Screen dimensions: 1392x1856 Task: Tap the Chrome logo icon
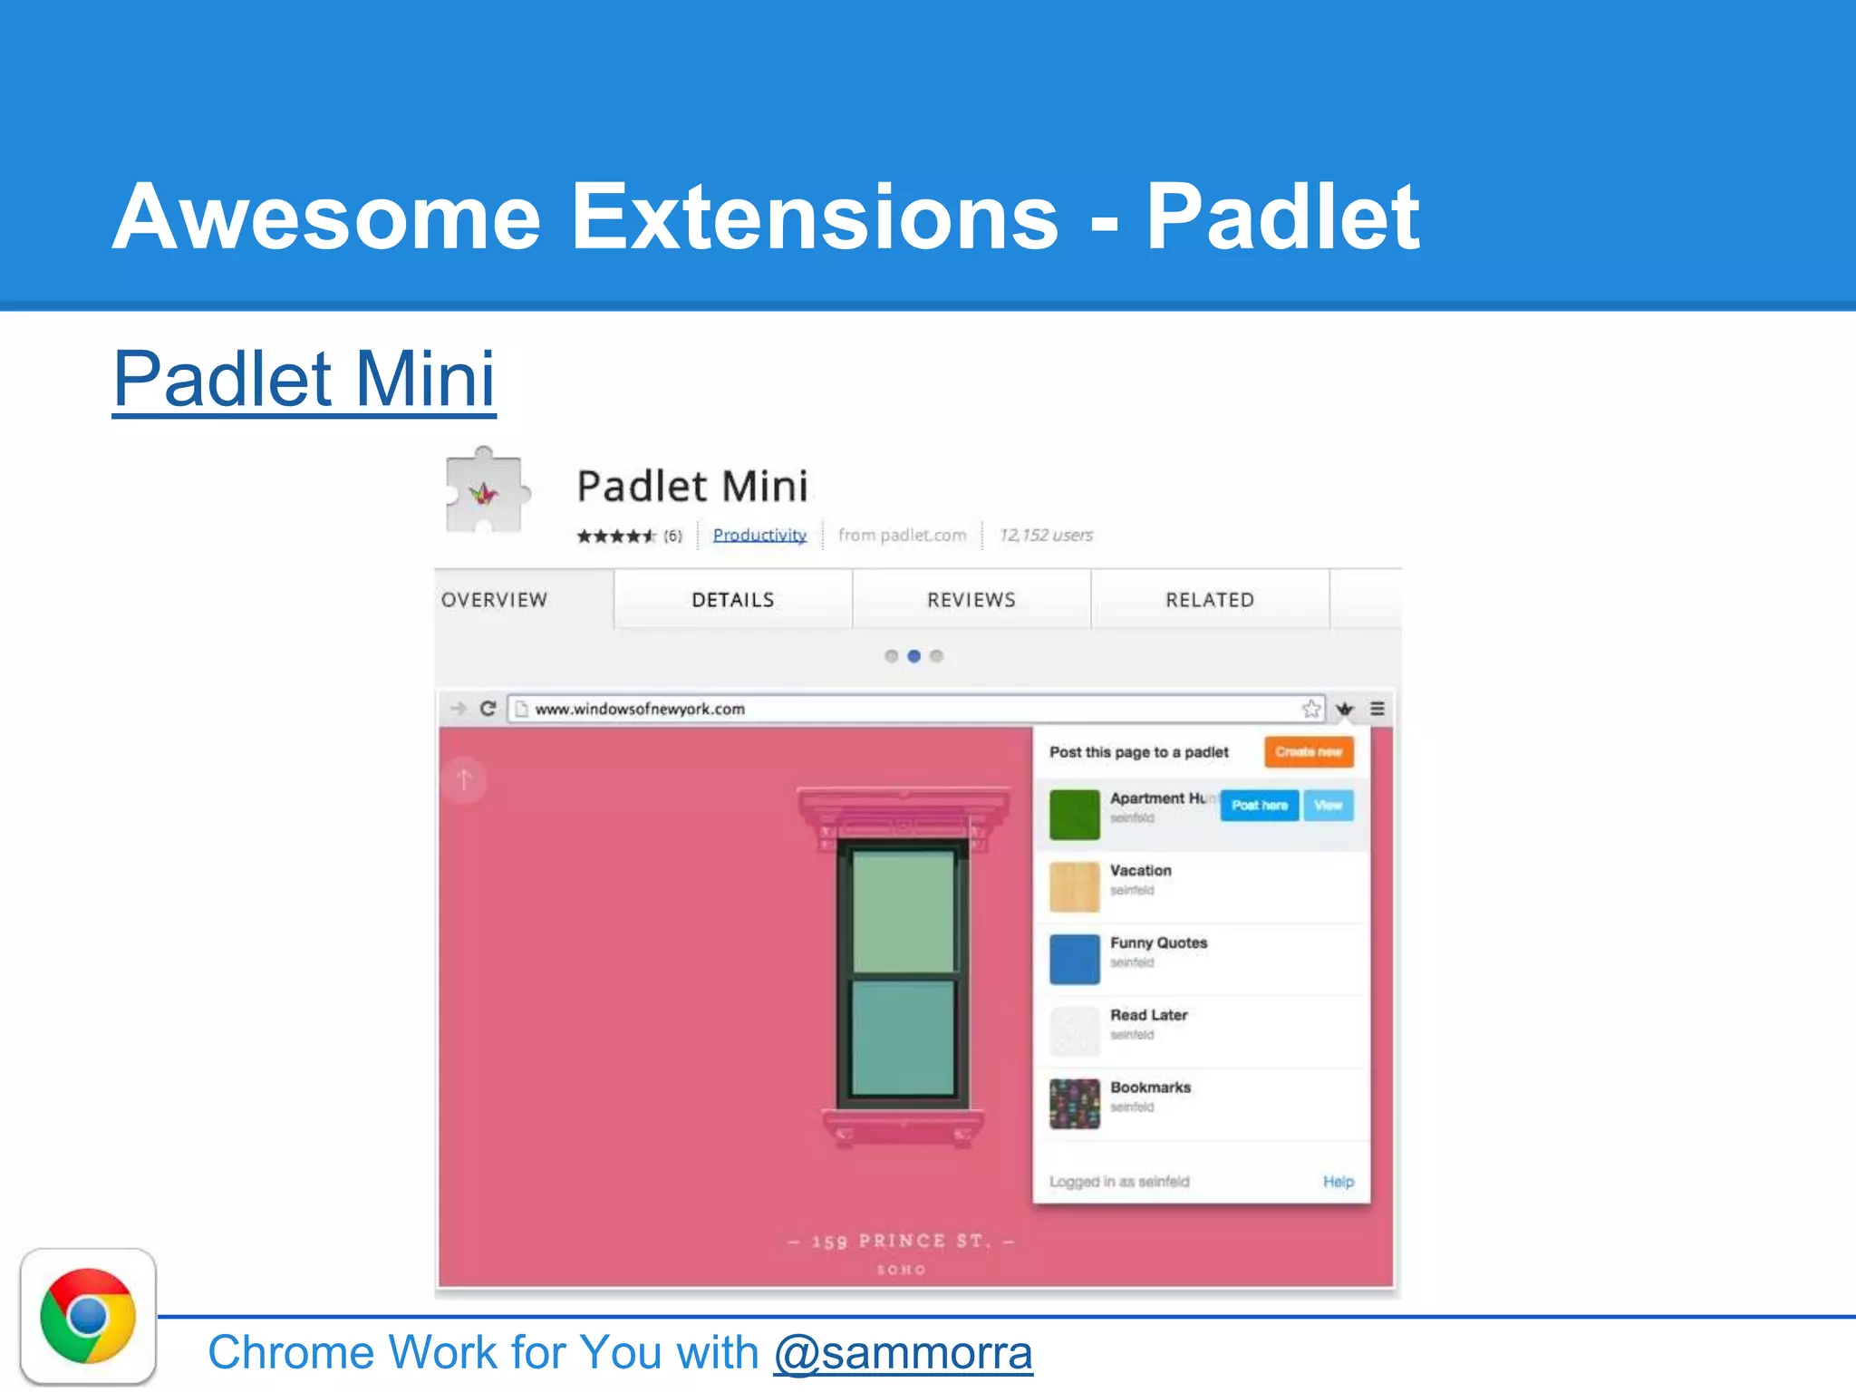point(88,1316)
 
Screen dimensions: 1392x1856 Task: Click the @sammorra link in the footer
point(903,1353)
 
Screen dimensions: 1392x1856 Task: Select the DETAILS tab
point(732,600)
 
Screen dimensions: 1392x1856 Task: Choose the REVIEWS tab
point(971,600)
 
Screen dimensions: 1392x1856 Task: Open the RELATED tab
point(1210,600)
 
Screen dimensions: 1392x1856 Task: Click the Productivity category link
point(759,535)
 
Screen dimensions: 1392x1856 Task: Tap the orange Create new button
point(1309,751)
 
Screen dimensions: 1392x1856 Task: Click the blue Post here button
point(1259,805)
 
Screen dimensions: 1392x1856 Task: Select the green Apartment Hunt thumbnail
point(1074,814)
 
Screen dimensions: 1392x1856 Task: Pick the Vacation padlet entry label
point(1140,870)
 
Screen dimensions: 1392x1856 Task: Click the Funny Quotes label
point(1158,942)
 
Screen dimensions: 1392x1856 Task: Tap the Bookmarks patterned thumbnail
point(1074,1104)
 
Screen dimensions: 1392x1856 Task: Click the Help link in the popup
point(1338,1182)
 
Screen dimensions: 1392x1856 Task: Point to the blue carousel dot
point(913,656)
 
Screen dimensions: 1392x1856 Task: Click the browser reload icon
point(488,709)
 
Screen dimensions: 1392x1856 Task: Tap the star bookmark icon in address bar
point(1310,709)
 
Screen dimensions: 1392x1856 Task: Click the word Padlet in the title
point(1281,217)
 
